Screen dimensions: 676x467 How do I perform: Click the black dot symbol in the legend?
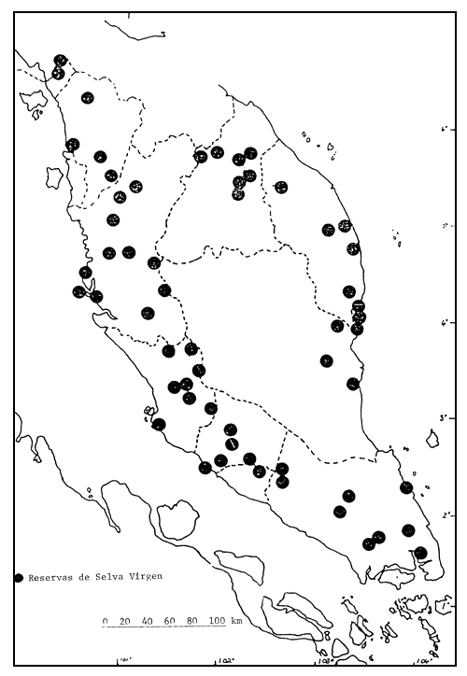[19, 579]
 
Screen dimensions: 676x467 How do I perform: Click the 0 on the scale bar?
[106, 621]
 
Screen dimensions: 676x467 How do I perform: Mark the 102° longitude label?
[224, 663]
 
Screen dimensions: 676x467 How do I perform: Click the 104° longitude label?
[421, 663]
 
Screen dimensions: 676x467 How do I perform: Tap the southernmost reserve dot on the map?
[420, 553]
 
